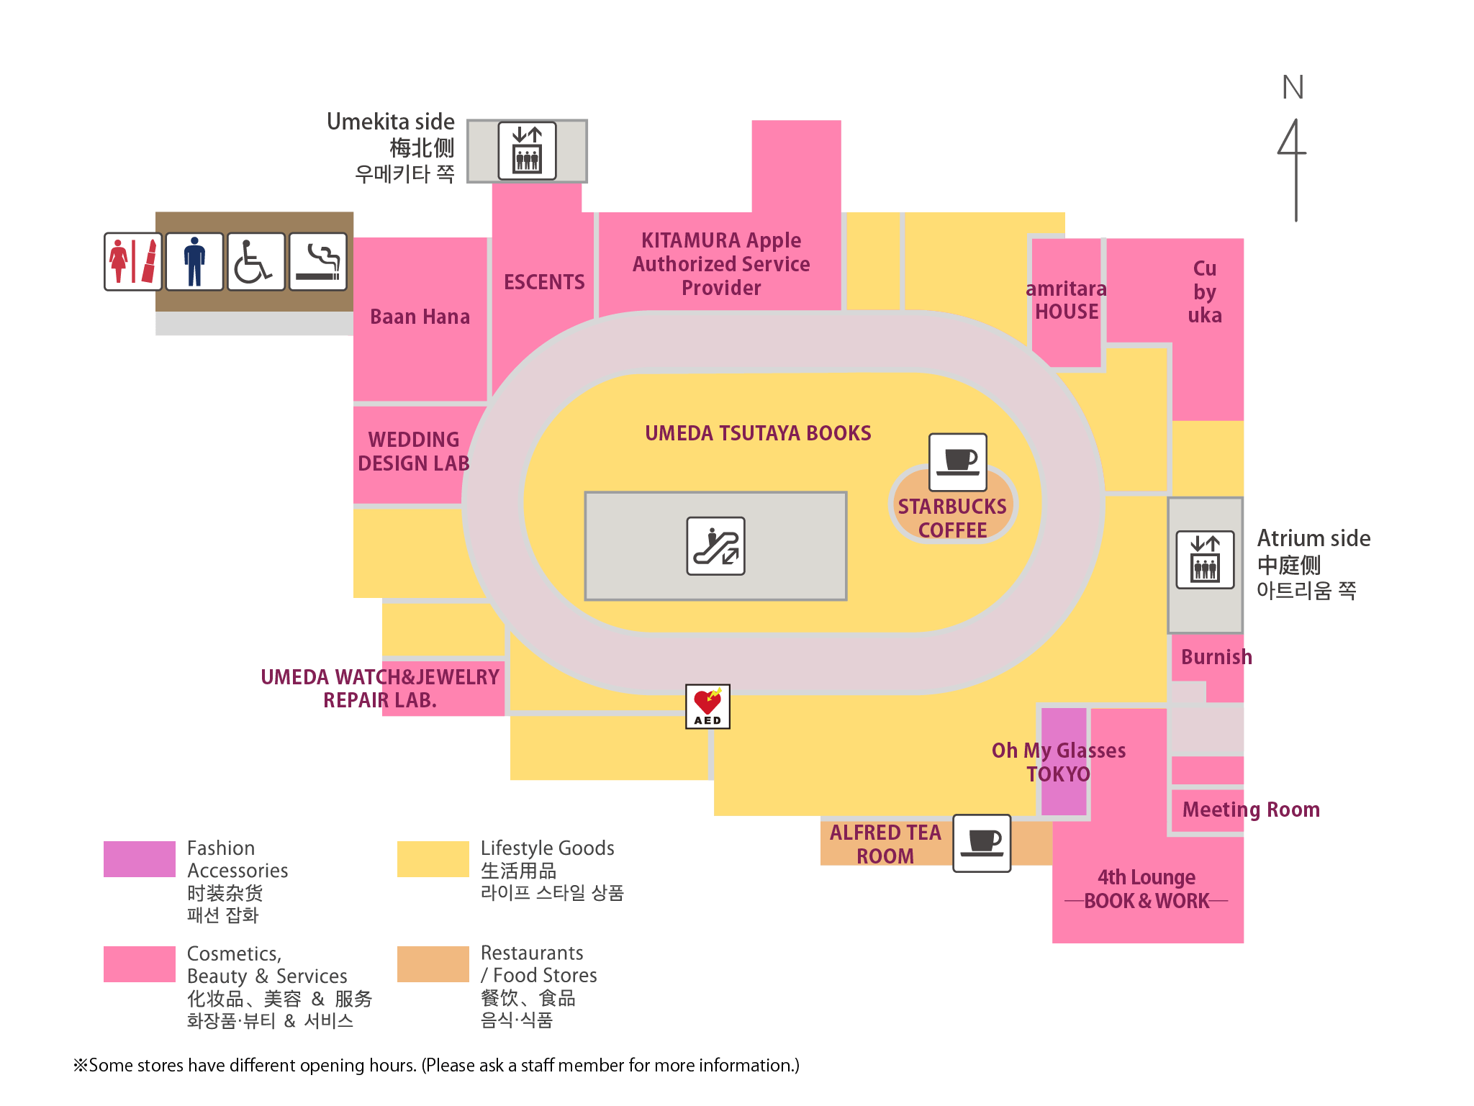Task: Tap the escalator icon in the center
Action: [x=715, y=546]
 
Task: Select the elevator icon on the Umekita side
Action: [x=527, y=150]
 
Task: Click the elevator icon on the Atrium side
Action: [x=1205, y=560]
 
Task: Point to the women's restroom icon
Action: [x=132, y=261]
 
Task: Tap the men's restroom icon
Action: [x=194, y=261]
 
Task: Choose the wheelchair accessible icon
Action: [x=256, y=261]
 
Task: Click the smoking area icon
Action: [x=318, y=261]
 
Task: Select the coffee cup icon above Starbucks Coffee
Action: [x=957, y=461]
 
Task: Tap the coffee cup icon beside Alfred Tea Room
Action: [x=982, y=843]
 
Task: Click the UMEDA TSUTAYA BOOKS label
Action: [x=758, y=433]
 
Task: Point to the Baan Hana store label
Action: [x=420, y=317]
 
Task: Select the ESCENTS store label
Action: [x=544, y=282]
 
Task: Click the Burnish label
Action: [x=1216, y=657]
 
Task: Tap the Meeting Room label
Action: [x=1251, y=810]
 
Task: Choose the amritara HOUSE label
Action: [x=1066, y=300]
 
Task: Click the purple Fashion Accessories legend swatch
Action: [x=139, y=859]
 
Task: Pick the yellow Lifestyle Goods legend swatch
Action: [x=433, y=859]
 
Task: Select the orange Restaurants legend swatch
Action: [x=433, y=964]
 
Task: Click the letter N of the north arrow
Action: [x=1293, y=88]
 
